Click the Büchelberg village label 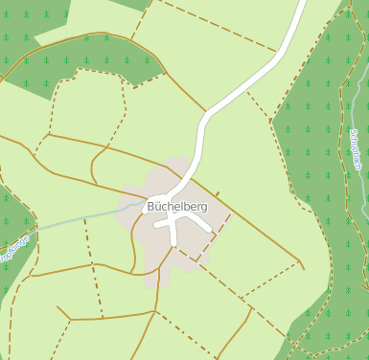(173, 206)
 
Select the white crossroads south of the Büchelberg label (173, 220)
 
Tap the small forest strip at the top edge (134, 4)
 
